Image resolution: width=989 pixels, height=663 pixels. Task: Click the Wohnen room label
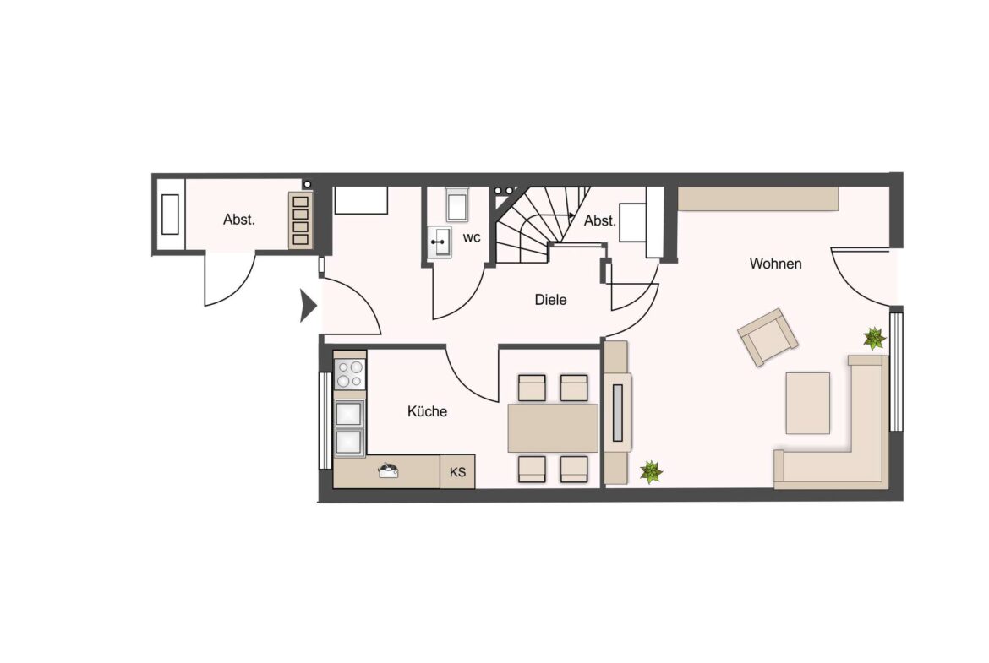pos(775,264)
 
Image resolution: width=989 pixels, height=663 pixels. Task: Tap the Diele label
pos(550,300)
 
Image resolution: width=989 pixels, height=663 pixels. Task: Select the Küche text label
pos(427,411)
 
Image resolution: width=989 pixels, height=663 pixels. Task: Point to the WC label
pos(471,237)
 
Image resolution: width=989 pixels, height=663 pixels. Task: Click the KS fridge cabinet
pos(457,471)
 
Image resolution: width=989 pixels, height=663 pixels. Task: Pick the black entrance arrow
pos(308,306)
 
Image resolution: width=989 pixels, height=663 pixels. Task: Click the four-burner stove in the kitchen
pos(349,374)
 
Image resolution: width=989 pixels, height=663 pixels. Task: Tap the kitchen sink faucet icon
pos(388,470)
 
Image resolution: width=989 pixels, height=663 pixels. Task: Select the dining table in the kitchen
pos(553,428)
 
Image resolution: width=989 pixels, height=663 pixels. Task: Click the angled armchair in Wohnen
pos(768,337)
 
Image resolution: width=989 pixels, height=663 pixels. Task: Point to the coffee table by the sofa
pos(807,403)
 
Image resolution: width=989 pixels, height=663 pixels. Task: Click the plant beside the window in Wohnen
pos(874,339)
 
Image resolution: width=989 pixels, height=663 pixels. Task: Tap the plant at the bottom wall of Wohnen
pos(650,471)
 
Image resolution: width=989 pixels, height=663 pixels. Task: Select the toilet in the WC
pos(456,204)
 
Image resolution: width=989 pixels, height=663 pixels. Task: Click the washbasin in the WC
pos(440,242)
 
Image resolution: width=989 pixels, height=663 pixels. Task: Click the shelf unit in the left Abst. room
pos(300,220)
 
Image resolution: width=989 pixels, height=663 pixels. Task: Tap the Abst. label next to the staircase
pos(599,221)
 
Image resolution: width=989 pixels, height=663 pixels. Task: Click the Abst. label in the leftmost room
pos(239,220)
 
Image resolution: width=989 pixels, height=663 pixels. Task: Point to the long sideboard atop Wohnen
pos(757,198)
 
